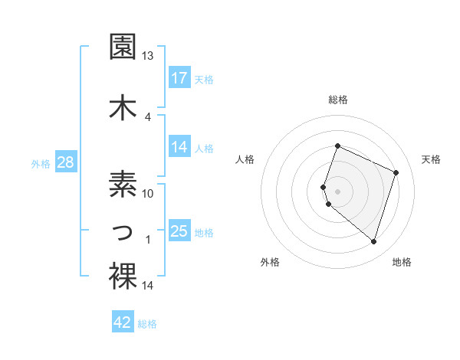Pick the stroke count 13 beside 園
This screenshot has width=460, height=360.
coord(148,56)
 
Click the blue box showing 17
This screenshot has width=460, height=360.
coord(179,78)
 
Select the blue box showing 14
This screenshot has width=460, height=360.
coord(179,148)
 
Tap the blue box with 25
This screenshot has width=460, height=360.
coord(179,231)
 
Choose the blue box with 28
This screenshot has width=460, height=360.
coord(65,162)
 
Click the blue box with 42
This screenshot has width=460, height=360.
coord(123,323)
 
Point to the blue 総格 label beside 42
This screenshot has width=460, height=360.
coord(147,324)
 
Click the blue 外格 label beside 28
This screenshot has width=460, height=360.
coord(41,163)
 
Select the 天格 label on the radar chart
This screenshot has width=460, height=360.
coord(432,159)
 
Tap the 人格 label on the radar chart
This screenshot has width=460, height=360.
coord(245,159)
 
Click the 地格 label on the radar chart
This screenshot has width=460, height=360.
coord(402,262)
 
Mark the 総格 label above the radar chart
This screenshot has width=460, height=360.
coord(338,100)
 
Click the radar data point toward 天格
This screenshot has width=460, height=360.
coord(396,172)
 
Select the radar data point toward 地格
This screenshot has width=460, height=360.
coord(373,241)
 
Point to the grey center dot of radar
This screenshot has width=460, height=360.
coord(338,191)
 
